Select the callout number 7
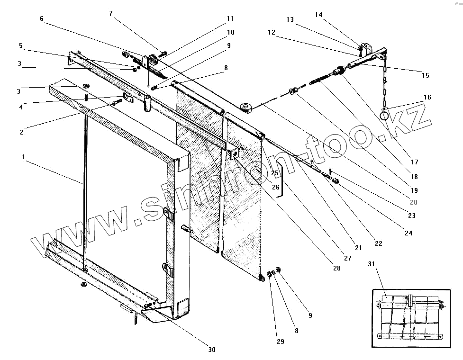coord(111,13)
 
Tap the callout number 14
coord(318,15)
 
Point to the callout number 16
coord(427,97)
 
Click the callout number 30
coord(211,350)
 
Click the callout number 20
coord(413,201)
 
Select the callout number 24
coord(408,233)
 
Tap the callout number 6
coord(42,18)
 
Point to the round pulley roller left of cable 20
coord(246,108)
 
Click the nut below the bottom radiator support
coord(83,284)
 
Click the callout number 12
coord(272,32)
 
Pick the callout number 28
coord(336,268)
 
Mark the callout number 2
coord(22,132)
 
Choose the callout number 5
coord(21,45)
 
